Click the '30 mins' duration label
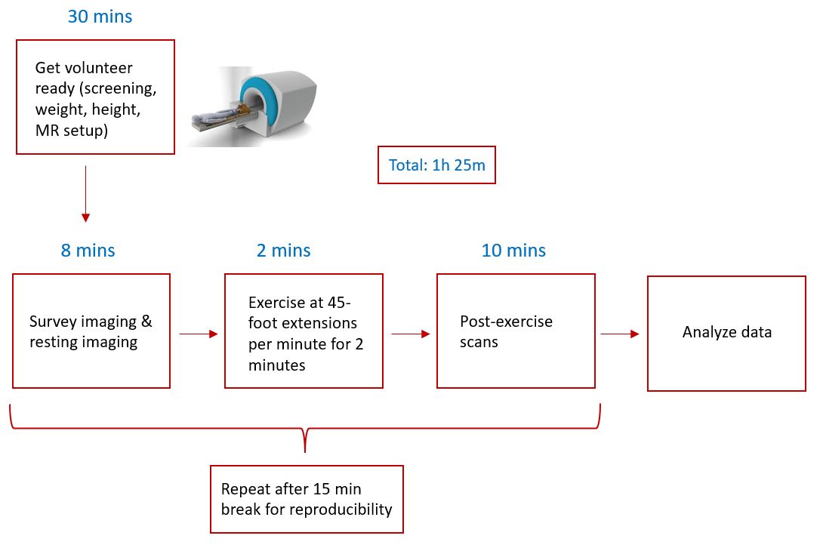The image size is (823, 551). [100, 17]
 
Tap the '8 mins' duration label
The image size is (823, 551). [88, 251]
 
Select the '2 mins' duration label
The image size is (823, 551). [283, 251]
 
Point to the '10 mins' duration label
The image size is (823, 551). [513, 251]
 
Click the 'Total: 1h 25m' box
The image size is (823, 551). [436, 165]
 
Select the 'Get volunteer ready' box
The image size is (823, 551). [95, 97]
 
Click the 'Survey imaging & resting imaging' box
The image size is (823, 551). [91, 331]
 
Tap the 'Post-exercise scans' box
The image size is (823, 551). [516, 331]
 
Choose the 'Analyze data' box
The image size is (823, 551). [726, 333]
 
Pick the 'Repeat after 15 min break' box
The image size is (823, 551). [307, 499]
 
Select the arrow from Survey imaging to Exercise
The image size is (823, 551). [198, 333]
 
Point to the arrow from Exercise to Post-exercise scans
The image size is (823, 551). [410, 333]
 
